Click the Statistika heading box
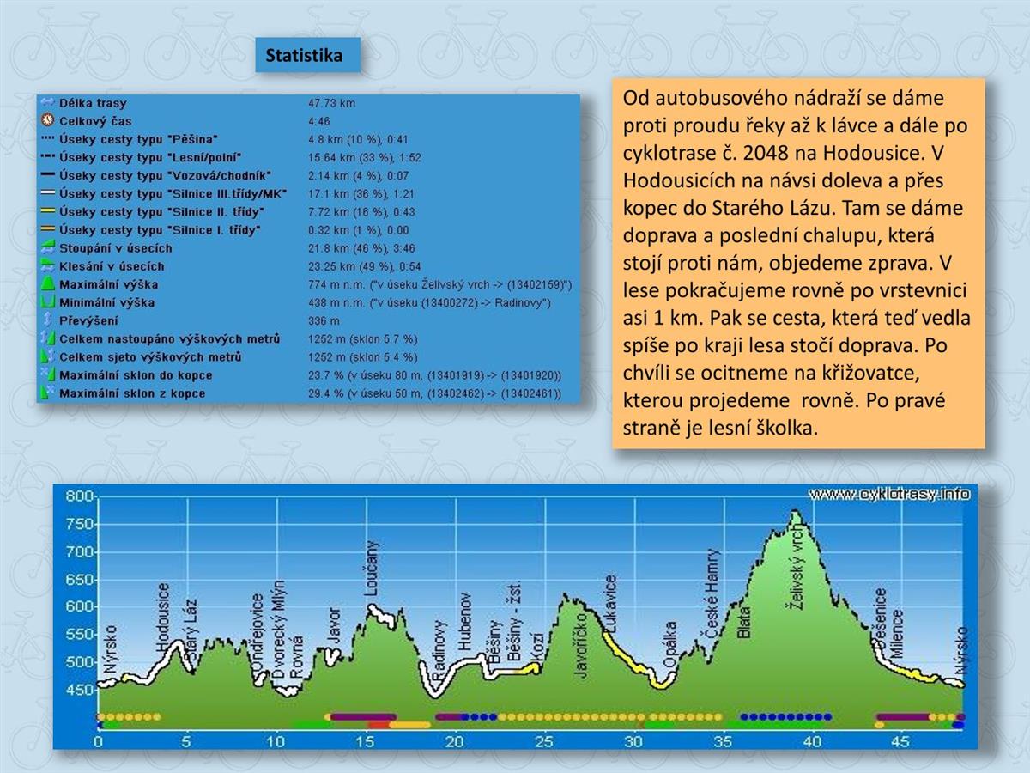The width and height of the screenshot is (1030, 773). pyautogui.click(x=304, y=56)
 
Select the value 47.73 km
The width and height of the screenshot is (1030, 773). pyautogui.click(x=331, y=103)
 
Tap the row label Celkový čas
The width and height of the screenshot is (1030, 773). pyautogui.click(x=95, y=121)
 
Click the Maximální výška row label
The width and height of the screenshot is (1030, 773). pyautogui.click(x=108, y=284)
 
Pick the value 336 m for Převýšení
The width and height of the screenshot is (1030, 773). pyautogui.click(x=324, y=320)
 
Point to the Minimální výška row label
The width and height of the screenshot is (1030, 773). pyautogui.click(x=106, y=302)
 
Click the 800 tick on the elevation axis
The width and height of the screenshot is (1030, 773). pyautogui.click(x=80, y=496)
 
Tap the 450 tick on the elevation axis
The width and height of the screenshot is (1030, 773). pyautogui.click(x=80, y=690)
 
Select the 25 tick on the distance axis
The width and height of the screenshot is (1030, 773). pyautogui.click(x=543, y=741)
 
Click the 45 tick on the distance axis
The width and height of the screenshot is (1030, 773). pyautogui.click(x=900, y=741)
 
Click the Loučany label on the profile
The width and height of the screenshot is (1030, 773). pyautogui.click(x=372, y=569)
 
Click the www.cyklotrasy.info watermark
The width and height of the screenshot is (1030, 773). pyautogui.click(x=889, y=494)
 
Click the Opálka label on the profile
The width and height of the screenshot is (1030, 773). pyautogui.click(x=670, y=648)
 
